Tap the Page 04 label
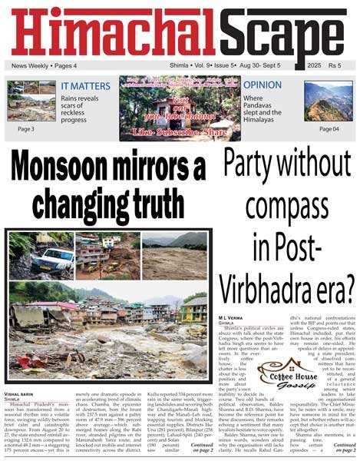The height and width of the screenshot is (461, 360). click(x=329, y=128)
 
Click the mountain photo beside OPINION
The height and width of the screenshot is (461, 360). click(x=328, y=99)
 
